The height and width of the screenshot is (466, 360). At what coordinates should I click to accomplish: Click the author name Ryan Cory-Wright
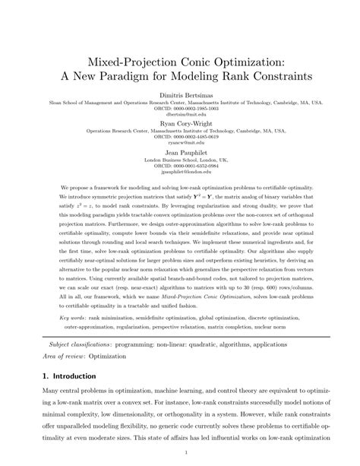click(x=179, y=122)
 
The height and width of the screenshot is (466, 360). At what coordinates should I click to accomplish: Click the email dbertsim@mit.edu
click(x=179, y=114)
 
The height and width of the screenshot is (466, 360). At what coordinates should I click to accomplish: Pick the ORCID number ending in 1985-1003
click(x=179, y=108)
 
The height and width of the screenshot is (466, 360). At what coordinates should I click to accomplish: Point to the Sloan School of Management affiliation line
click(x=179, y=101)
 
